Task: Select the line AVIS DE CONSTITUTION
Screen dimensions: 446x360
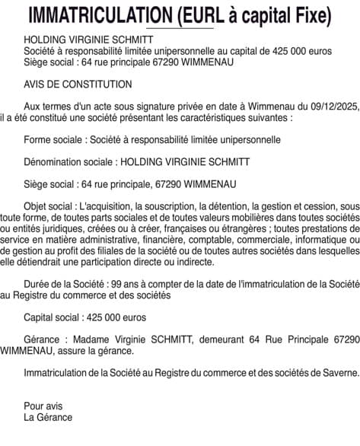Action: coord(78,84)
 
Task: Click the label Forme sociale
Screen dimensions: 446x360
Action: coord(54,140)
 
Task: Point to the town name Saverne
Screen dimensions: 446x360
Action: coord(338,372)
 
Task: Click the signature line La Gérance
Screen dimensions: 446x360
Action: coord(48,416)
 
